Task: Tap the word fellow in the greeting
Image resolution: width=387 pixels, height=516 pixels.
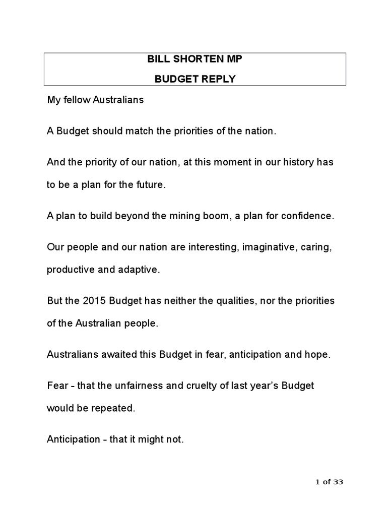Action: pyautogui.click(x=75, y=100)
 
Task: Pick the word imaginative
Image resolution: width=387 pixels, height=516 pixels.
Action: pyautogui.click(x=268, y=247)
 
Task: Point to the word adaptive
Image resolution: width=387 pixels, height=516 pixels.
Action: pyautogui.click(x=138, y=269)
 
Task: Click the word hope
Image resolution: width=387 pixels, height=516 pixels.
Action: pyautogui.click(x=318, y=354)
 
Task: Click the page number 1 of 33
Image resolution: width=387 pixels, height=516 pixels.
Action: pyautogui.click(x=329, y=482)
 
